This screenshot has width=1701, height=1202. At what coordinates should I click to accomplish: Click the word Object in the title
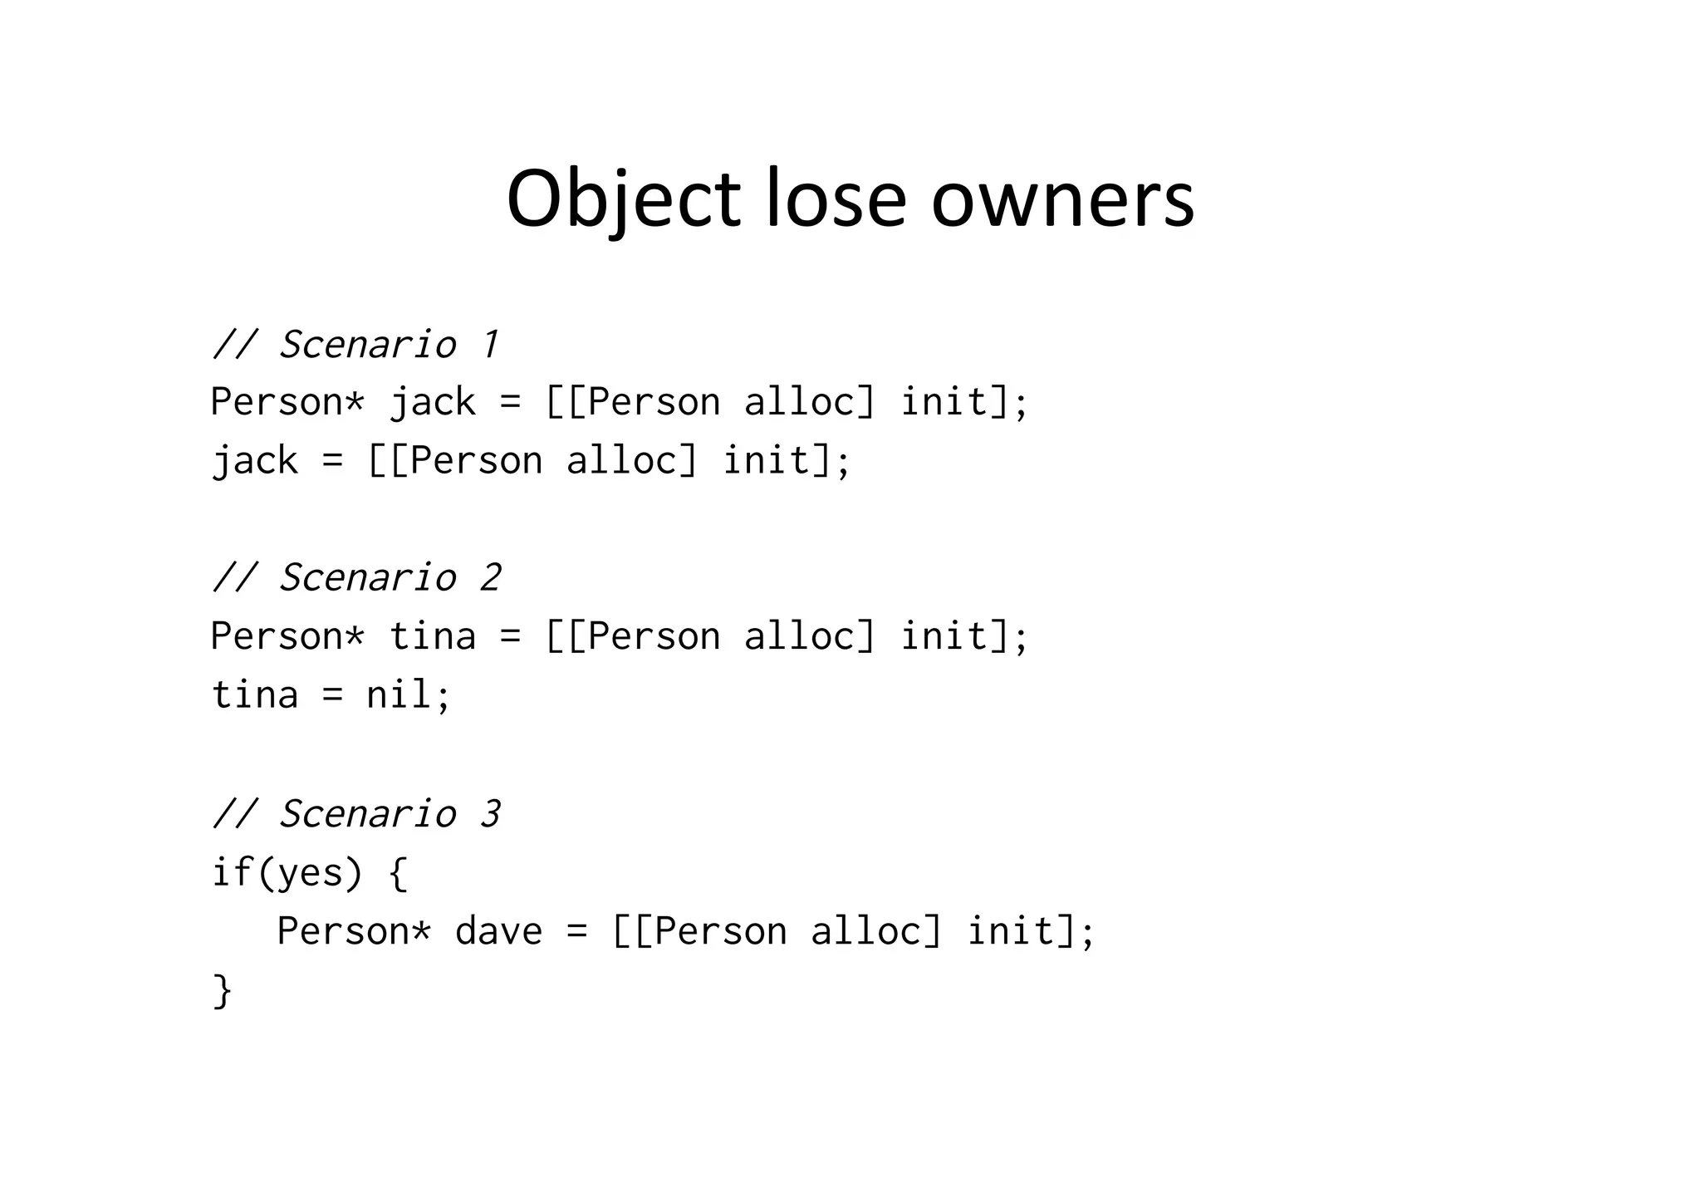[x=623, y=199]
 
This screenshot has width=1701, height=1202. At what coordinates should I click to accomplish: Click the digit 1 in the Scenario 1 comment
[x=491, y=345]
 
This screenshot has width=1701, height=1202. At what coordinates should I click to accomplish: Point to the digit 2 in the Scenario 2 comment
[x=491, y=578]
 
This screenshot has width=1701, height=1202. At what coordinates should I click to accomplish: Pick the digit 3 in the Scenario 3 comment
[x=491, y=814]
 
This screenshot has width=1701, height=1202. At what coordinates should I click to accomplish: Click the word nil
[x=399, y=694]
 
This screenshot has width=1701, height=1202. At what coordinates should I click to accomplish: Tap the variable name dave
[x=498, y=931]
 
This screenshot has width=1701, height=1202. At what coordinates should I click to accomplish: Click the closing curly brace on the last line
[x=223, y=990]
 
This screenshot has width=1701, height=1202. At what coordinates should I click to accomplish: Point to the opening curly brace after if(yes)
[x=398, y=873]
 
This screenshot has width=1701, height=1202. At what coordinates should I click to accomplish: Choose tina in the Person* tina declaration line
[x=432, y=637]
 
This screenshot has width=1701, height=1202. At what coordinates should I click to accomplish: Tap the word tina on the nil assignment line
[x=254, y=694]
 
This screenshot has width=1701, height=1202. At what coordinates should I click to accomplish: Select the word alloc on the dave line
[x=876, y=931]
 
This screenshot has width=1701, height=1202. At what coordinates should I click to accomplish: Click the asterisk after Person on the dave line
[x=421, y=931]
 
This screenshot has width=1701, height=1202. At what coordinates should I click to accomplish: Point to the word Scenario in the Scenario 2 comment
[x=368, y=578]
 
